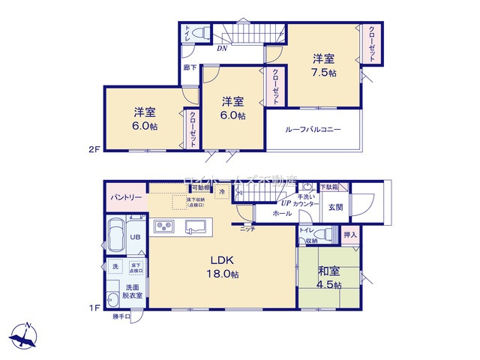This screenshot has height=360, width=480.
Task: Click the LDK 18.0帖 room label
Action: coord(223,268)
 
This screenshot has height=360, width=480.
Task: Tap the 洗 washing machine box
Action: coord(115,267)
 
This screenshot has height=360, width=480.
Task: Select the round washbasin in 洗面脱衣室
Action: coord(112,295)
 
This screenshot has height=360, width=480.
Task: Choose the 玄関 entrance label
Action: coord(335,207)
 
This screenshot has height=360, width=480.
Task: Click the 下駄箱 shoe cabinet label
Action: coord(329,186)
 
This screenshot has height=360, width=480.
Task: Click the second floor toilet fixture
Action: coord(200,33)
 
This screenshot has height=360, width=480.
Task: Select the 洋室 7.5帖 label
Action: coord(324,64)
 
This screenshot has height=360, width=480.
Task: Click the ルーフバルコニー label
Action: coord(313,129)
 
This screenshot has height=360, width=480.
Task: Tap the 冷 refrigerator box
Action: coord(223,192)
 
